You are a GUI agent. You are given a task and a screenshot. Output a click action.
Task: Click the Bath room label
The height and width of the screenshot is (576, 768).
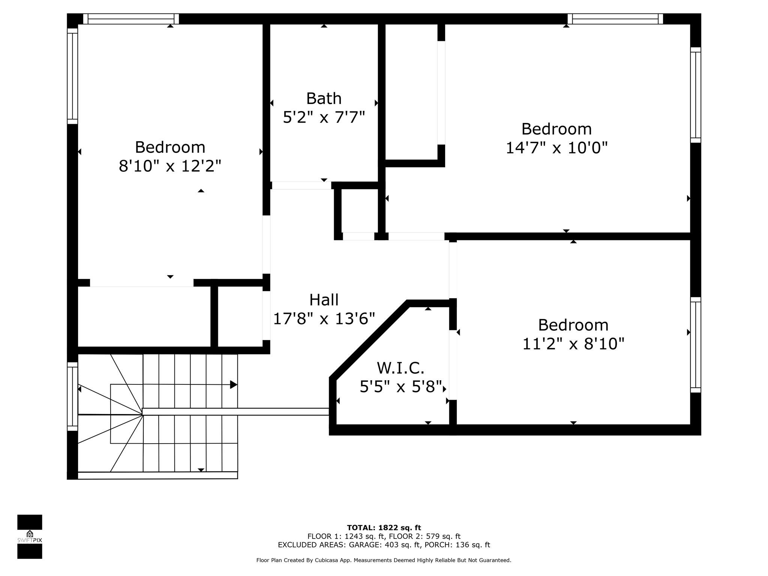[x=324, y=99]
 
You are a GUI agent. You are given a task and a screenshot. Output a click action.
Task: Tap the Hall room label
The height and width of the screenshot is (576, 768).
[x=324, y=300]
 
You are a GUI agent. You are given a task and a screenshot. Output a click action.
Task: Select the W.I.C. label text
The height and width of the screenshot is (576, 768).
[x=400, y=368]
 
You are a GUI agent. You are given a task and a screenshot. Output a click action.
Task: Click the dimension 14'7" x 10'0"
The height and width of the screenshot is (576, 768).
[x=556, y=148]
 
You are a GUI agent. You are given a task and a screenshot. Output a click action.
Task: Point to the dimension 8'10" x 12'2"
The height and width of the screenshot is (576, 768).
[x=170, y=166]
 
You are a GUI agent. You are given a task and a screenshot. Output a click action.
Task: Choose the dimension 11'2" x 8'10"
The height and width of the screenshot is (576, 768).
[x=573, y=343]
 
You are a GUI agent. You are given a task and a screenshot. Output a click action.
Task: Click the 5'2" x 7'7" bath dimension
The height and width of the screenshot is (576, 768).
[x=324, y=117]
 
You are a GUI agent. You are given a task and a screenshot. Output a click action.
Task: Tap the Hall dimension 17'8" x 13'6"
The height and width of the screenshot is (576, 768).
[x=324, y=319]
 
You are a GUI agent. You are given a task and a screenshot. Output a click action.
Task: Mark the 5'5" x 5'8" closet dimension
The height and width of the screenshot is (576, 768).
[x=400, y=387]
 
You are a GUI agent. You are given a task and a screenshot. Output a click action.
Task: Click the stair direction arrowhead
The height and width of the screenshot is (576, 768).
[x=234, y=385]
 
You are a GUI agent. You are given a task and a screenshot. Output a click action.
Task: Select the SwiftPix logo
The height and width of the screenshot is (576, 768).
[x=30, y=537]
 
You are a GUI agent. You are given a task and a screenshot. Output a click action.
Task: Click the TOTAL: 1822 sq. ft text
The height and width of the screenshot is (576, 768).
[x=384, y=528]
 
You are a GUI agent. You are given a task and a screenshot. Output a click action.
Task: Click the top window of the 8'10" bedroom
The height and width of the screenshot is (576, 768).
[x=131, y=19]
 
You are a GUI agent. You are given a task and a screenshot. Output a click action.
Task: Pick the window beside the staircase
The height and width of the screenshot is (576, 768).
[x=72, y=396]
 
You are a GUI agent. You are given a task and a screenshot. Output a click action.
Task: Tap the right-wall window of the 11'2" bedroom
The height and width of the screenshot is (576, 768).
[x=696, y=345]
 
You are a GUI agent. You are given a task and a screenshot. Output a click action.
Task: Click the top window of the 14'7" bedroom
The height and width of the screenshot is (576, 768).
[x=615, y=19]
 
